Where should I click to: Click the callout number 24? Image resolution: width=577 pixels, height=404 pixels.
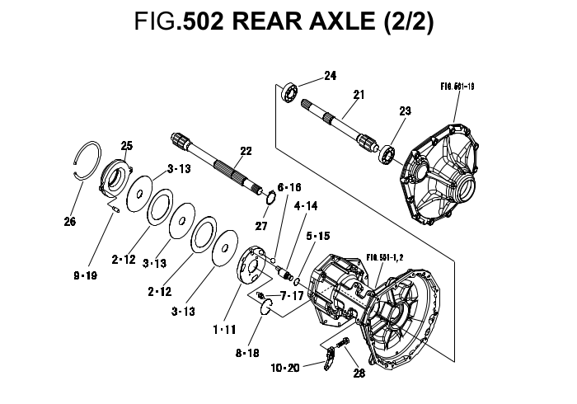point(330,76)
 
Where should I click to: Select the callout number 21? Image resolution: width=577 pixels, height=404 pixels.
point(358,95)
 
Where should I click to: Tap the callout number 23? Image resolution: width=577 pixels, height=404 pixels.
point(405,111)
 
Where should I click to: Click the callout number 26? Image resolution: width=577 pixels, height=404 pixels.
point(70,221)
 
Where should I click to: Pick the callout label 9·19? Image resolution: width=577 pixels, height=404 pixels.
point(84,275)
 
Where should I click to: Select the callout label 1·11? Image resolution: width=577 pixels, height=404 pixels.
point(223,329)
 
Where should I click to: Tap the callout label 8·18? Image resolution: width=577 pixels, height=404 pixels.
point(246,352)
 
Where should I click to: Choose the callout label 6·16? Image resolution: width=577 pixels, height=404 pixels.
point(289,188)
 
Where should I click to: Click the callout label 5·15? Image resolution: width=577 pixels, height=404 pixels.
point(319,236)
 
